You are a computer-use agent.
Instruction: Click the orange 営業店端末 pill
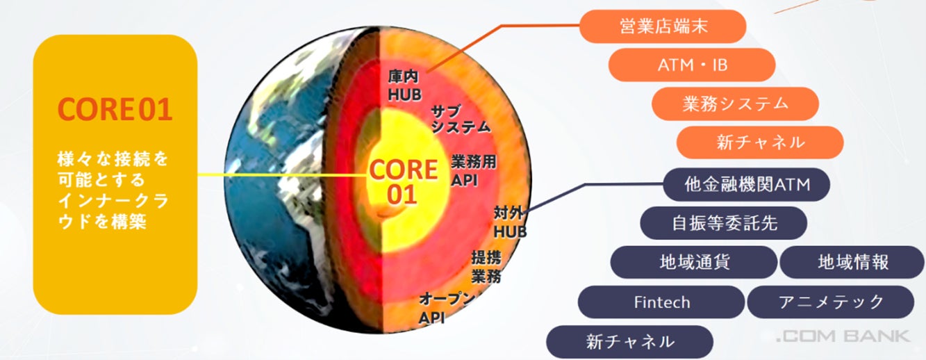663,27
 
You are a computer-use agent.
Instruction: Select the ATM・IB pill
692,65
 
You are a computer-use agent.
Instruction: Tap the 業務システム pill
735,104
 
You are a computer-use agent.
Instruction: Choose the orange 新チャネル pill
760,142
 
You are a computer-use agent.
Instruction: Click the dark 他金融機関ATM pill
747,185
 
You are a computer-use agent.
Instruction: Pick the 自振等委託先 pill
723,223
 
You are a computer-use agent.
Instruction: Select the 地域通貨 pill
694,262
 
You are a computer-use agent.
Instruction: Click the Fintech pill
662,302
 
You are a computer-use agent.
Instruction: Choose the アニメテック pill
830,302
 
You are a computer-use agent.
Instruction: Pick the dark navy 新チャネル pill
630,342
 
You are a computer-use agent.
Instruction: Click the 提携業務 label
486,266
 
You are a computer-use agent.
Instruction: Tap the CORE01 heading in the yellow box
115,110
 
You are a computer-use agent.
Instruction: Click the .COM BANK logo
842,337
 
